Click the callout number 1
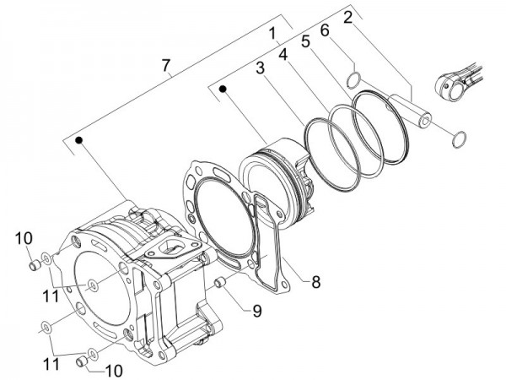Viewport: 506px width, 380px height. point(273,35)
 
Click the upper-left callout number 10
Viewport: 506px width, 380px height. point(22,236)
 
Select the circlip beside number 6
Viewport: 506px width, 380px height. point(356,81)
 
